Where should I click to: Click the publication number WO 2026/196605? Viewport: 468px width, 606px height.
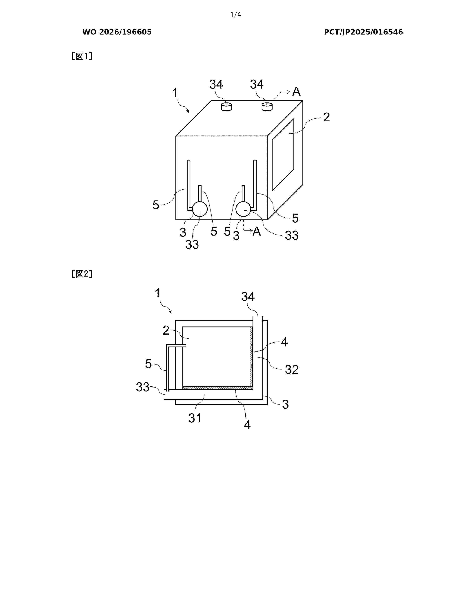coord(117,32)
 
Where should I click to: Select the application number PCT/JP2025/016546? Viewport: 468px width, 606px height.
coord(363,32)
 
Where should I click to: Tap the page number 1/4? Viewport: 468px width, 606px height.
coord(236,15)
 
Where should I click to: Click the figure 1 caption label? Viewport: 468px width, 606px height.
coord(82,56)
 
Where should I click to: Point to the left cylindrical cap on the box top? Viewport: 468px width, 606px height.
coord(226,107)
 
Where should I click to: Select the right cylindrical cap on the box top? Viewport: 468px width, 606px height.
coord(267,107)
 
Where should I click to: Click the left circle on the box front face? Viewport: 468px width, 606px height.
coord(200,209)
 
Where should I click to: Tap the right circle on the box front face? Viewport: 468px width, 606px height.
coord(243,209)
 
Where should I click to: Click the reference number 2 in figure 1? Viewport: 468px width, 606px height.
coord(327,117)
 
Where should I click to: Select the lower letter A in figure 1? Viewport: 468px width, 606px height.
coord(257,231)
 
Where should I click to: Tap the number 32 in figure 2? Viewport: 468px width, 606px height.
coord(292,370)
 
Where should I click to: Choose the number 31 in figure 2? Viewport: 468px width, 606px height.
coord(195,418)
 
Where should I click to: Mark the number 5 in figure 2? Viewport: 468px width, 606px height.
coord(149,364)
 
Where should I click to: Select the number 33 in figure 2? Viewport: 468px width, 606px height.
coord(143,387)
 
